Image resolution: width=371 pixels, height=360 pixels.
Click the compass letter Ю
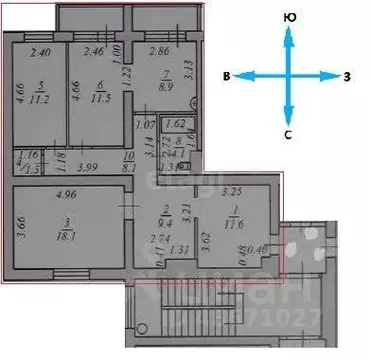click(289, 18)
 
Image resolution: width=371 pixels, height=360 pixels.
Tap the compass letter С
click(288, 134)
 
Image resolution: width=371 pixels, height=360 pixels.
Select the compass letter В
click(228, 77)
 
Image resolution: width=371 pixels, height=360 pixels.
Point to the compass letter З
click(347, 77)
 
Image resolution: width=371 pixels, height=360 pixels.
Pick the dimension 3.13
click(189, 71)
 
